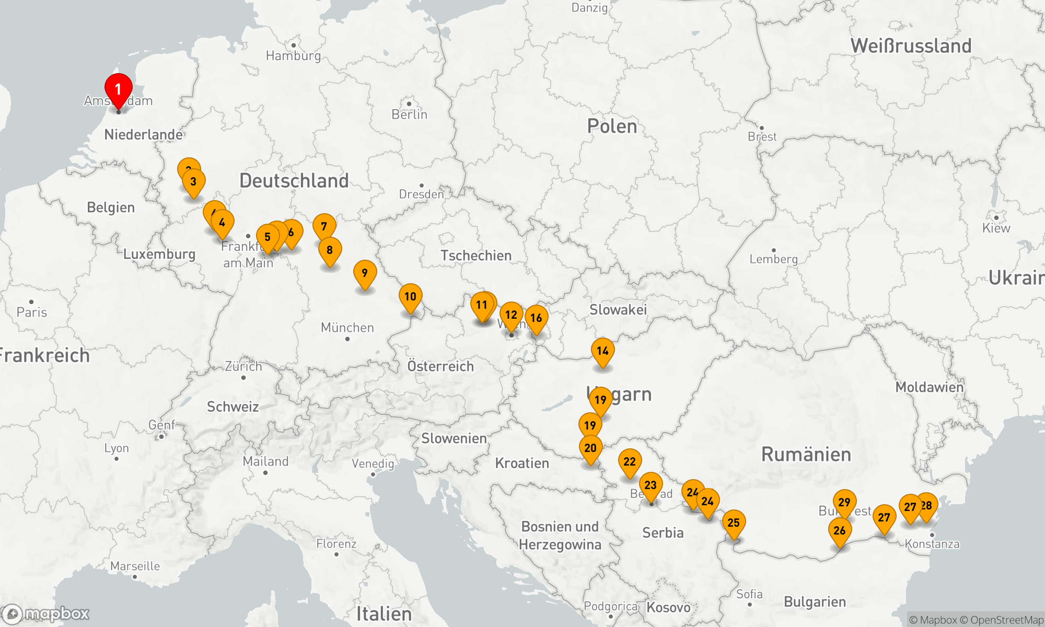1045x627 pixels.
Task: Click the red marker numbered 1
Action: (118, 90)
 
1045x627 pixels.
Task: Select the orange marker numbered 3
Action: (193, 181)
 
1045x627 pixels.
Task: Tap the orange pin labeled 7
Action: (324, 226)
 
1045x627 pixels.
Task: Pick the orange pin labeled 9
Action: (365, 273)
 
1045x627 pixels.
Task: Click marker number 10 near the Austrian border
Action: (410, 297)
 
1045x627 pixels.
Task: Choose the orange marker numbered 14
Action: (602, 351)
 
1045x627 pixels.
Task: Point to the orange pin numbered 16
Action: (536, 318)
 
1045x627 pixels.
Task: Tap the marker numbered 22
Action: (630, 462)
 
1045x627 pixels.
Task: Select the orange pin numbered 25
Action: (734, 522)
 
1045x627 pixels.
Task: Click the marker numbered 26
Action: (840, 530)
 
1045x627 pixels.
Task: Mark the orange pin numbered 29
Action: (844, 502)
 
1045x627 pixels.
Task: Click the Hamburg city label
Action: (293, 55)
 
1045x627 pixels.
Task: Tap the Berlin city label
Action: (410, 114)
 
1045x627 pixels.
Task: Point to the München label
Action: (347, 328)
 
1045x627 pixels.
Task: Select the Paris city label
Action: (32, 312)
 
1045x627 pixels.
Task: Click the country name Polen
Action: (612, 126)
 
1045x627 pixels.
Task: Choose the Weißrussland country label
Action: (911, 46)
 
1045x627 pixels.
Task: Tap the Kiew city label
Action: (996, 228)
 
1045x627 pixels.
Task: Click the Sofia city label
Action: (749, 594)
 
